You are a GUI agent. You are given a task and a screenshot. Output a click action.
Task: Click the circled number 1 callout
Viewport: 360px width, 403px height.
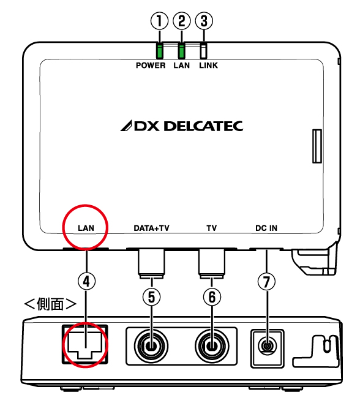tap(159, 21)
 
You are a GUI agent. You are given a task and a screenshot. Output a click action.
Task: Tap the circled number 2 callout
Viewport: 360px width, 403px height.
tap(182, 21)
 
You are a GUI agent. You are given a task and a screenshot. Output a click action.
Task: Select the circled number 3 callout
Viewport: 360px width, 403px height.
tap(204, 21)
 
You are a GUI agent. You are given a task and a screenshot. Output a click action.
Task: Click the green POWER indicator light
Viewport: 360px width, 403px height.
tap(160, 51)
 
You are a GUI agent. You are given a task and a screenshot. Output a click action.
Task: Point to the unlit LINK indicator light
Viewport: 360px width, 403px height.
tap(204, 51)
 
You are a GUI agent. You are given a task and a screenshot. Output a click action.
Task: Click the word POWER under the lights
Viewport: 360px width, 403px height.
tap(151, 66)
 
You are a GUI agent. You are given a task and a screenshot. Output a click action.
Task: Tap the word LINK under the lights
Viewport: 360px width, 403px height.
tap(208, 66)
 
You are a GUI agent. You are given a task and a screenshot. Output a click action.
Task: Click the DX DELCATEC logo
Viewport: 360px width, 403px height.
tap(182, 126)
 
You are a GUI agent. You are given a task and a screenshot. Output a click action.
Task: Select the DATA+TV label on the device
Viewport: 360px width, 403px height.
tap(152, 228)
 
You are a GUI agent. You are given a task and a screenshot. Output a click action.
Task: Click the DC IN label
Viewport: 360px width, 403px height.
tap(266, 228)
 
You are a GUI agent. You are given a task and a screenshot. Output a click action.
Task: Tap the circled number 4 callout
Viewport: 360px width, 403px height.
tap(86, 281)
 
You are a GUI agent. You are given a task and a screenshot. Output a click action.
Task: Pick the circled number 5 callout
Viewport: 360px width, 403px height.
tap(152, 297)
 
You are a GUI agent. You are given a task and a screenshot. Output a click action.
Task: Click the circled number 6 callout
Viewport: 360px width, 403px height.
tap(212, 297)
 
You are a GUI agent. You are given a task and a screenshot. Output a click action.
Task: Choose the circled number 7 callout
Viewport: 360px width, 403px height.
tap(266, 281)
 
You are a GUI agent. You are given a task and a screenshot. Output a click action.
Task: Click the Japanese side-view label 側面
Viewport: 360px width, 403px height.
tap(50, 304)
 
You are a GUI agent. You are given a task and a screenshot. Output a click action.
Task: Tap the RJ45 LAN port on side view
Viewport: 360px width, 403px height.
tap(85, 344)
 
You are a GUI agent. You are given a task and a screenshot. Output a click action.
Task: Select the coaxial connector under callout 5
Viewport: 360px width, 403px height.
tap(151, 346)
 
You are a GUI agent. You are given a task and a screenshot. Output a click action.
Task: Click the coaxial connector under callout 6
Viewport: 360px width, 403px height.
tap(212, 346)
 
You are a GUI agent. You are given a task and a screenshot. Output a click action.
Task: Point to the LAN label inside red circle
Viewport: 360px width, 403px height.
tap(86, 228)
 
